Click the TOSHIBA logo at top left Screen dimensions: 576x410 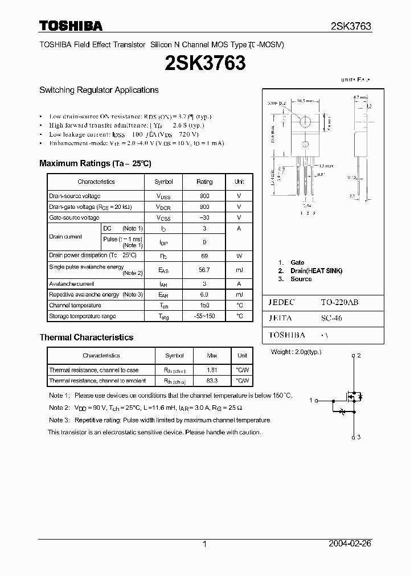[71, 26]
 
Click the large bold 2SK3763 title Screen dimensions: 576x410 [205, 63]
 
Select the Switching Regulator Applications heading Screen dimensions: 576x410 [99, 90]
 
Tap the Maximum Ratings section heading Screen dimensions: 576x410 [95, 163]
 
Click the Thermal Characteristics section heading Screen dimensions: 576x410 [87, 338]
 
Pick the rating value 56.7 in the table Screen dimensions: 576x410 [204, 270]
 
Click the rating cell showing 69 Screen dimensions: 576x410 [204, 256]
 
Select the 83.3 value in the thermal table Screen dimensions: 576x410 [211, 380]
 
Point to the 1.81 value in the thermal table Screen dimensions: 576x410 [211, 370]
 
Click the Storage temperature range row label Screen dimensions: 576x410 [83, 316]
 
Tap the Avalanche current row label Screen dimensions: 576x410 [72, 283]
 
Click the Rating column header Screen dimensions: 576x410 [204, 182]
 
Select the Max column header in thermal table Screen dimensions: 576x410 [211, 356]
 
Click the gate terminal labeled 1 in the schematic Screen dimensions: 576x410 [311, 400]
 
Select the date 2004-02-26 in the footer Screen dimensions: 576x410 [350, 544]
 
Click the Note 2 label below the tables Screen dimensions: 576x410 [59, 408]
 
